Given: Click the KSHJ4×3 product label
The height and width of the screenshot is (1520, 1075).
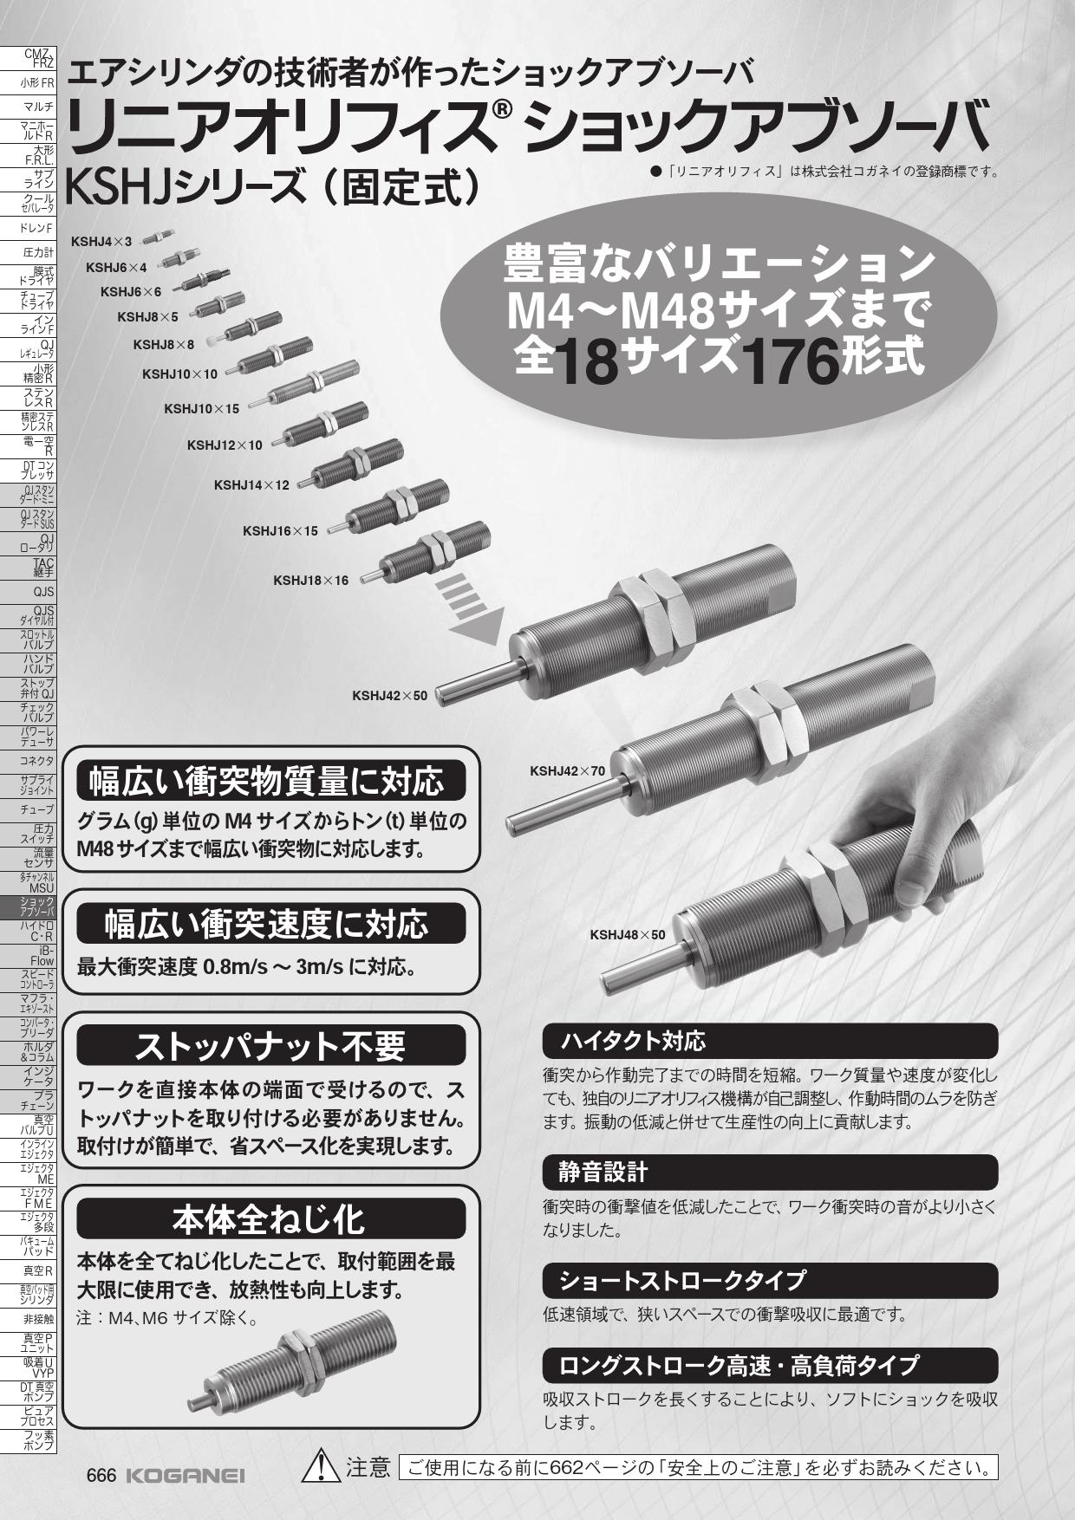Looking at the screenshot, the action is click(102, 241).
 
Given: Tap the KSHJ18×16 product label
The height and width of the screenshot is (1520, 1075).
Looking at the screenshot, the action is click(310, 580).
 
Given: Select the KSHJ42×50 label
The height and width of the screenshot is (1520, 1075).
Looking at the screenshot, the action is click(389, 695).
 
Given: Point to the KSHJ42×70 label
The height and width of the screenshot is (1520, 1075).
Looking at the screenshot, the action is click(567, 770).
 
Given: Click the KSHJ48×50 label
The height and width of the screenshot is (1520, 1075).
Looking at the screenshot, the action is click(628, 935).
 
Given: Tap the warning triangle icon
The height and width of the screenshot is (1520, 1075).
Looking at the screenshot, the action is click(321, 1465).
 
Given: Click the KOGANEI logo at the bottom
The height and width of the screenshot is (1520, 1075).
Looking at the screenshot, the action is click(186, 1476).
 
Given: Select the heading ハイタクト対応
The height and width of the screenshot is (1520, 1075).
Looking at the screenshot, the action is click(632, 1040).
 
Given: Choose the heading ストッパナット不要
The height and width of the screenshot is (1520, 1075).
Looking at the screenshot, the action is click(270, 1046).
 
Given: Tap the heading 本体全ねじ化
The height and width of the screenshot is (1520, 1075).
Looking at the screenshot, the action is click(269, 1219).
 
